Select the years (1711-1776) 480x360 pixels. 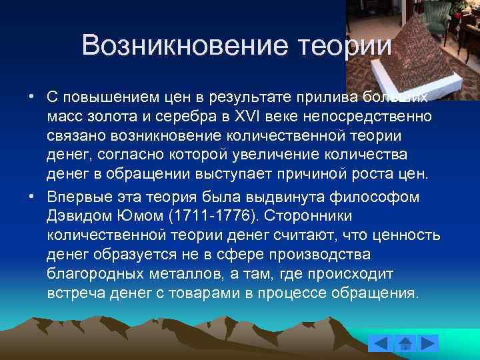(x=208, y=216)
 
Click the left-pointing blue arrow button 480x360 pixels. (x=379, y=344)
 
